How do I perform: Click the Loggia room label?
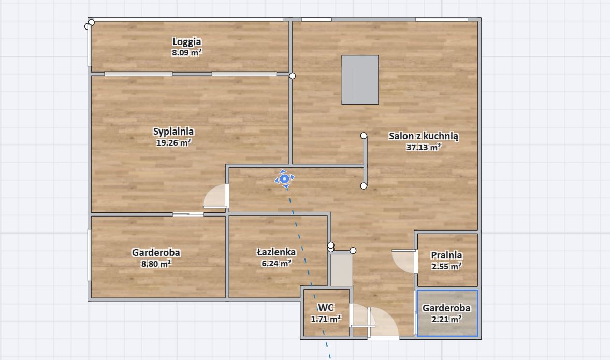click(187, 41)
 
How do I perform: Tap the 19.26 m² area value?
click(173, 142)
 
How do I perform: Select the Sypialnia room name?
click(173, 132)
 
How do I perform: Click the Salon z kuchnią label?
click(424, 136)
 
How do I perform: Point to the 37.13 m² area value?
click(424, 147)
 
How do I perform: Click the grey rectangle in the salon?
click(360, 80)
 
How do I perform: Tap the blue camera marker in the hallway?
click(284, 179)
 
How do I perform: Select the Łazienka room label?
click(276, 252)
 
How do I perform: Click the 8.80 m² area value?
click(156, 264)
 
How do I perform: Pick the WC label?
click(326, 308)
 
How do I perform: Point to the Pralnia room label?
click(446, 255)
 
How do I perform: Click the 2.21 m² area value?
click(446, 319)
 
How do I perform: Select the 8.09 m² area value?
click(187, 52)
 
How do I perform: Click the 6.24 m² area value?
click(276, 263)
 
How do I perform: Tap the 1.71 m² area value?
click(326, 319)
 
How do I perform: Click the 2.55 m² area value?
click(446, 266)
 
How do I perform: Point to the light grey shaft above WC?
click(341, 270)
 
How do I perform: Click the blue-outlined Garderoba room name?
click(446, 308)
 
